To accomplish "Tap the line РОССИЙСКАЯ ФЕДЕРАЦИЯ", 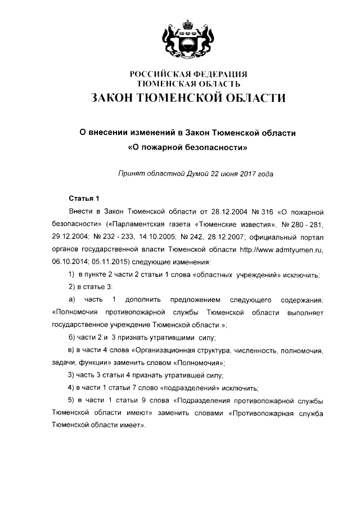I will [188, 74].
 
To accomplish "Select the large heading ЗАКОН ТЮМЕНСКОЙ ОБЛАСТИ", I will [188, 98].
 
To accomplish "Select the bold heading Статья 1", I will [83, 198].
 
